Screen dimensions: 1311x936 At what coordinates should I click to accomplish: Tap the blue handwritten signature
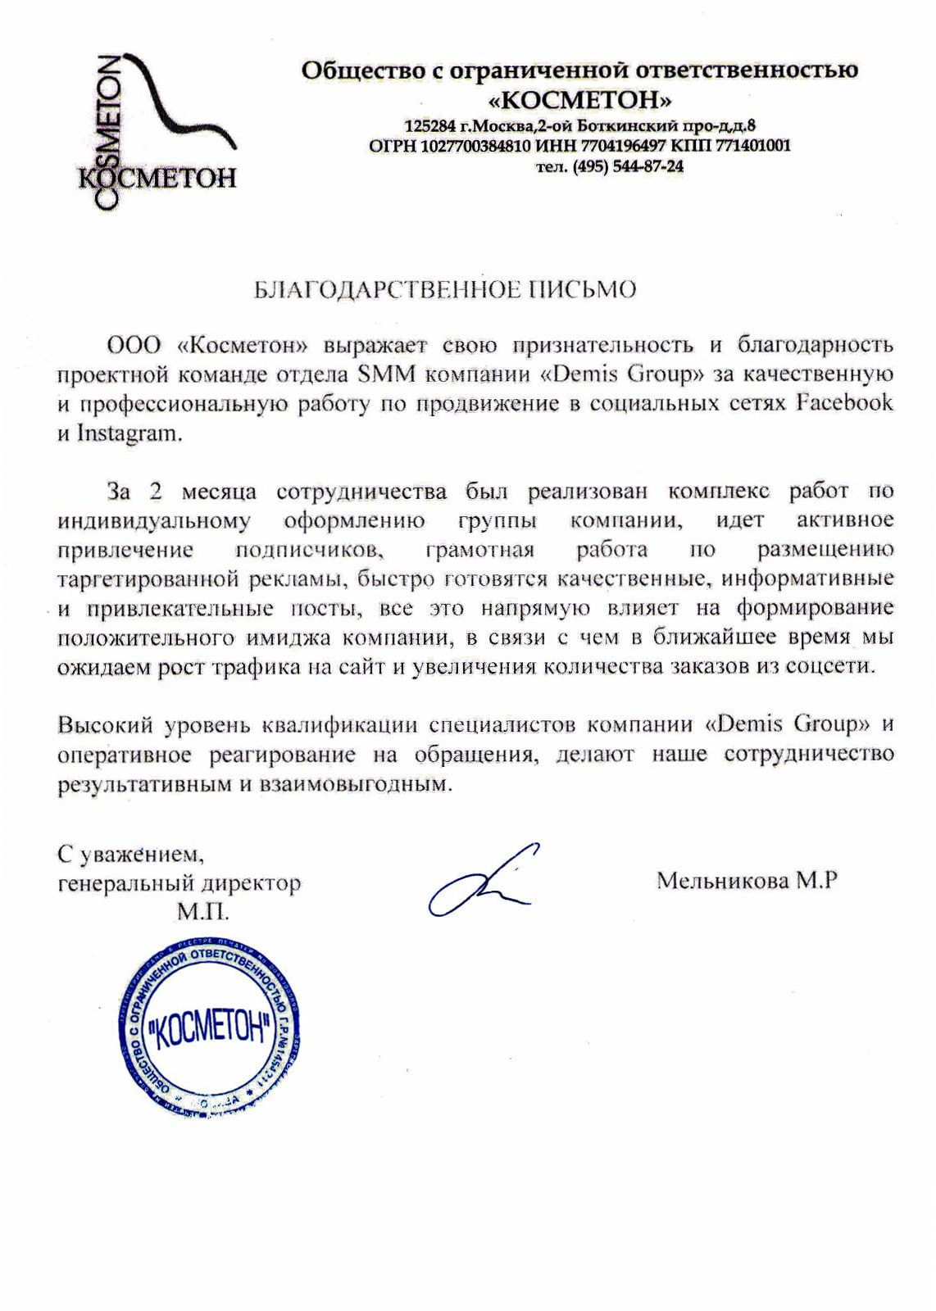484,880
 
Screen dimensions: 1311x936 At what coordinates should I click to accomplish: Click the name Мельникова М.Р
747,880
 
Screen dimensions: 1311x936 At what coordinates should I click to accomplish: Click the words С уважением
130,855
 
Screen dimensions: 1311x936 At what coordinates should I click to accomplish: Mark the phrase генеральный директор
179,883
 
